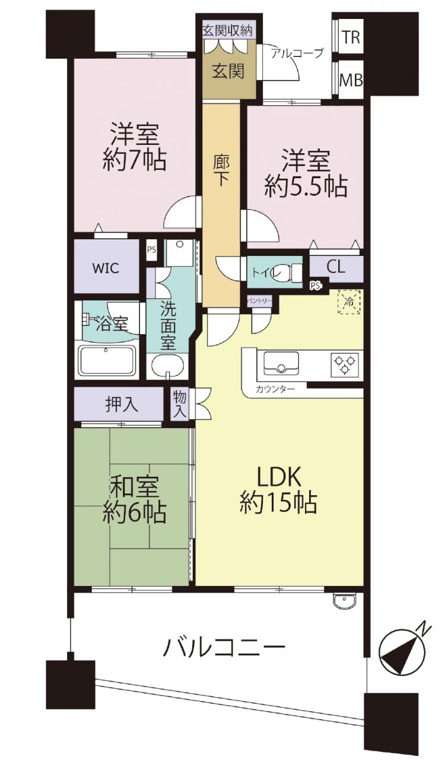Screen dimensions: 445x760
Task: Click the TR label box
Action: (351, 37)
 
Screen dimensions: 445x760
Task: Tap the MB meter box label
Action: (351, 81)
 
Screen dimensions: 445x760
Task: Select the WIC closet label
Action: (106, 268)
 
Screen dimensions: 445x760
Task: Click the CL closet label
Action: (336, 267)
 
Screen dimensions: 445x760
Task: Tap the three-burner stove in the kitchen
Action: (345, 364)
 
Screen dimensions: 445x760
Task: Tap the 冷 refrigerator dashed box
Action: (349, 302)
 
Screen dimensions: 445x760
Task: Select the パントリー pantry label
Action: (259, 300)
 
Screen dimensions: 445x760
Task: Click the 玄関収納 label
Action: (227, 31)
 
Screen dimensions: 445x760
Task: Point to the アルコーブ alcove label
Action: (297, 53)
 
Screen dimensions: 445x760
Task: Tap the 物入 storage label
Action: (180, 404)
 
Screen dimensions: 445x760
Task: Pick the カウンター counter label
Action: (275, 389)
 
